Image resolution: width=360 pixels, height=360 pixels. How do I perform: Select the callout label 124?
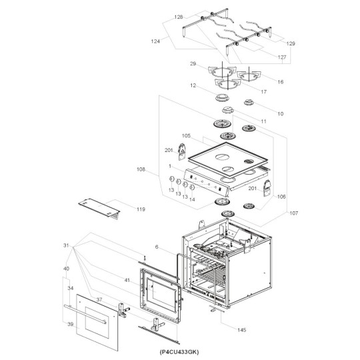[x=155, y=41]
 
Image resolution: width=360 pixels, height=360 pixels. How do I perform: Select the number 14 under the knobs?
[x=191, y=199]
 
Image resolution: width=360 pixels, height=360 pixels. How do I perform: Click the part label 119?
[x=141, y=210]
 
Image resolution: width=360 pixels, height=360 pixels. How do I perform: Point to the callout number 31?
[x=66, y=246]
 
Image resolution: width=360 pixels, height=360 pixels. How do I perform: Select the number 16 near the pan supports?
[x=280, y=81]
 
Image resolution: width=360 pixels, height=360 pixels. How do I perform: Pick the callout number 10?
[x=280, y=114]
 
